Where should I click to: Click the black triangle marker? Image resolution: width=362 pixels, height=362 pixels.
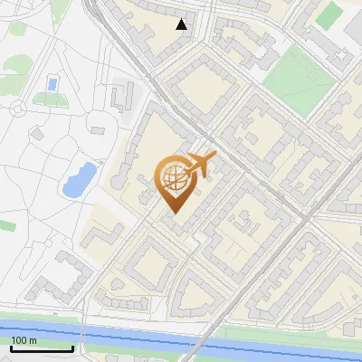(182, 24)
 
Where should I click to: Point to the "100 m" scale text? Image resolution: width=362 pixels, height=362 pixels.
(24, 340)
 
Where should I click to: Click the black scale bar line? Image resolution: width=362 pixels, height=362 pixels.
(42, 348)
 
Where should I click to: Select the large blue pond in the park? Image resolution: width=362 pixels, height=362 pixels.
(79, 179)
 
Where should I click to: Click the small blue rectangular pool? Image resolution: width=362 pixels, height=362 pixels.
(52, 84)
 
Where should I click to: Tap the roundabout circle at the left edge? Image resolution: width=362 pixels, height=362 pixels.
(17, 109)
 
